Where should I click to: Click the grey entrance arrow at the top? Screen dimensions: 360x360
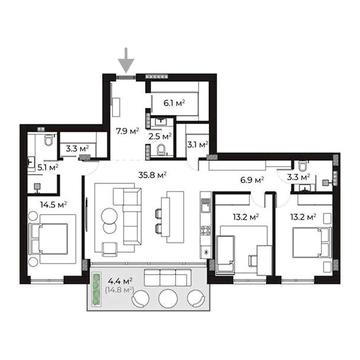[x=126, y=60]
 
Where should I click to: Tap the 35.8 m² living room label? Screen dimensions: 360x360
[x=153, y=174]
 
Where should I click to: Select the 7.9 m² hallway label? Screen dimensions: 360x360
[x=127, y=131]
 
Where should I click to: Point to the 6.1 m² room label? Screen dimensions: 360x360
[x=174, y=103]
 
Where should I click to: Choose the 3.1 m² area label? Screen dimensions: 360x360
[x=198, y=145]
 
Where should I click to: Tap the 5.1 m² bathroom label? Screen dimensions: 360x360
[x=48, y=167]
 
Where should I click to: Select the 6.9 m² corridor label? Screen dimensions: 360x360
[x=253, y=180]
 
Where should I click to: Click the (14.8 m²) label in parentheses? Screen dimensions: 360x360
[x=119, y=290]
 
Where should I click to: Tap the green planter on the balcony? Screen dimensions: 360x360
[x=97, y=289]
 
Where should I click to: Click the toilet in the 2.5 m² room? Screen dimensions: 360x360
[x=161, y=151]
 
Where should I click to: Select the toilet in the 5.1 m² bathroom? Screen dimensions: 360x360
[x=49, y=140]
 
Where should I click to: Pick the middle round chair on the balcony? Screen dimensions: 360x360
[x=167, y=298]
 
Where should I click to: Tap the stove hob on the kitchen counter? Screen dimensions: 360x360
[x=206, y=230]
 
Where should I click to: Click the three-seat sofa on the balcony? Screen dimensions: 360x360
[x=168, y=278]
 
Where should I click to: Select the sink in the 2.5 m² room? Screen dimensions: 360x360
[x=162, y=121]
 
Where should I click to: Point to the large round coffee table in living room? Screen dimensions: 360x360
[x=108, y=216]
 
